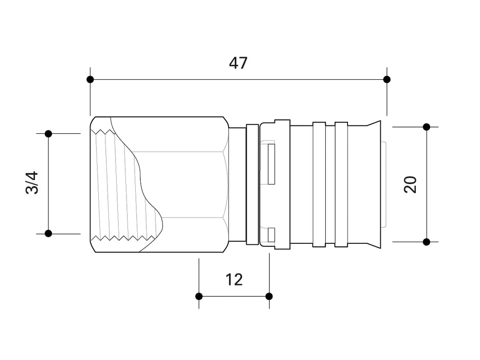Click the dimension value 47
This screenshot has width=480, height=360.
point(238,63)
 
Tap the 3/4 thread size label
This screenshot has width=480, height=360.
point(32,183)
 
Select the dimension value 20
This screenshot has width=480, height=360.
point(410,184)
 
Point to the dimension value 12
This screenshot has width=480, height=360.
point(234,279)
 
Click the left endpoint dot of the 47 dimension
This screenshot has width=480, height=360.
point(90,79)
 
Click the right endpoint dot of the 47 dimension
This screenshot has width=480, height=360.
point(387,79)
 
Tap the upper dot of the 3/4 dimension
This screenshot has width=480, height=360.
point(48,134)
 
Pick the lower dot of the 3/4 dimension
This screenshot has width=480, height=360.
point(48,233)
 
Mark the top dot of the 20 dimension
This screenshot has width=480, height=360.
point(427,127)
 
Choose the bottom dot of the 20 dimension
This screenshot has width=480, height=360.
point(427,242)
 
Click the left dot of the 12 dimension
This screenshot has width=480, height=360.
point(199,296)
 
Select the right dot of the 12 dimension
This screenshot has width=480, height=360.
point(269,296)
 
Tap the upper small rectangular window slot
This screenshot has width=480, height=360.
point(271,164)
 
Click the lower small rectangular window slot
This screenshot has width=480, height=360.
point(271,235)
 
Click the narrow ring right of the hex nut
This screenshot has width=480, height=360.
point(252,184)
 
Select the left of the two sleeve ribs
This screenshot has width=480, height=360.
point(319,184)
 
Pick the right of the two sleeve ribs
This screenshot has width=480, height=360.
point(341,184)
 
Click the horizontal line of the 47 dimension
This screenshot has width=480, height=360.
point(238,79)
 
